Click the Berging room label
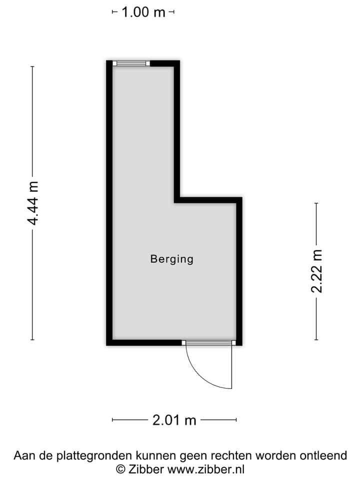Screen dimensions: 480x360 point(171,259)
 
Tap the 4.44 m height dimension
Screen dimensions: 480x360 point(33,203)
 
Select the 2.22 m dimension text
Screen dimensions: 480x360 point(316,271)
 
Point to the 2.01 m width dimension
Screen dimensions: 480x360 point(174,420)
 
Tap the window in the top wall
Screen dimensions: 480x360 point(131,63)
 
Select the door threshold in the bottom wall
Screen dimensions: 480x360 point(208,342)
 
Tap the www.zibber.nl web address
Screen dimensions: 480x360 point(205,469)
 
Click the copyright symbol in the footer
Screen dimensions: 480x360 point(120,469)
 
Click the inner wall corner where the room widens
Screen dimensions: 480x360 point(177,200)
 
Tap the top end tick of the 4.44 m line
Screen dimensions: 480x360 point(33,66)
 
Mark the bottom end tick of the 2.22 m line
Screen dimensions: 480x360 point(316,340)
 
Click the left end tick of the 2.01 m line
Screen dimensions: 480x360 point(112,420)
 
